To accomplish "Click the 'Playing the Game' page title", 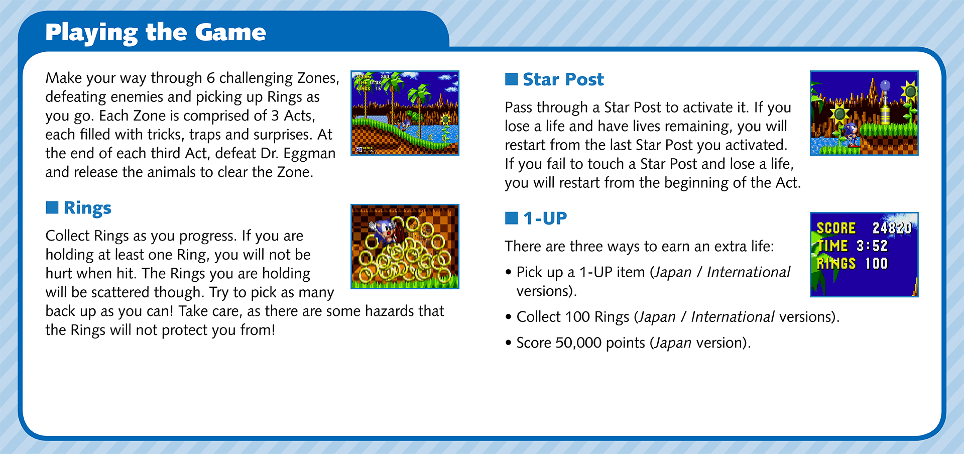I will pyautogui.click(x=155, y=32).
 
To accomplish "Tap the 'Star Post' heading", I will pyautogui.click(x=563, y=79).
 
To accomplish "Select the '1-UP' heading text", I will pyautogui.click(x=545, y=218).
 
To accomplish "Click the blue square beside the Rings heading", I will pyautogui.click(x=52, y=207).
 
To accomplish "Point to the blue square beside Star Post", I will pyautogui.click(x=511, y=79).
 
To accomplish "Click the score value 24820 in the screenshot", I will pyautogui.click(x=892, y=228).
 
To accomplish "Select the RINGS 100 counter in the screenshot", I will pyautogui.click(x=853, y=263).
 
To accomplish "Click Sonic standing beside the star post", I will pyautogui.click(x=850, y=135).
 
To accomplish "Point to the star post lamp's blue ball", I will pyautogui.click(x=885, y=85).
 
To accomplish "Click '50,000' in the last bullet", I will pyautogui.click(x=578, y=343).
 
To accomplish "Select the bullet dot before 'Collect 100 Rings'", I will pyautogui.click(x=509, y=317).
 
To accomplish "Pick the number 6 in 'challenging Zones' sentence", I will pyautogui.click(x=210, y=78).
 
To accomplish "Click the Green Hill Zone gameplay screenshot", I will pyautogui.click(x=405, y=113).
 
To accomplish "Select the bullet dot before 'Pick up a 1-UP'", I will pyautogui.click(x=509, y=273).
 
